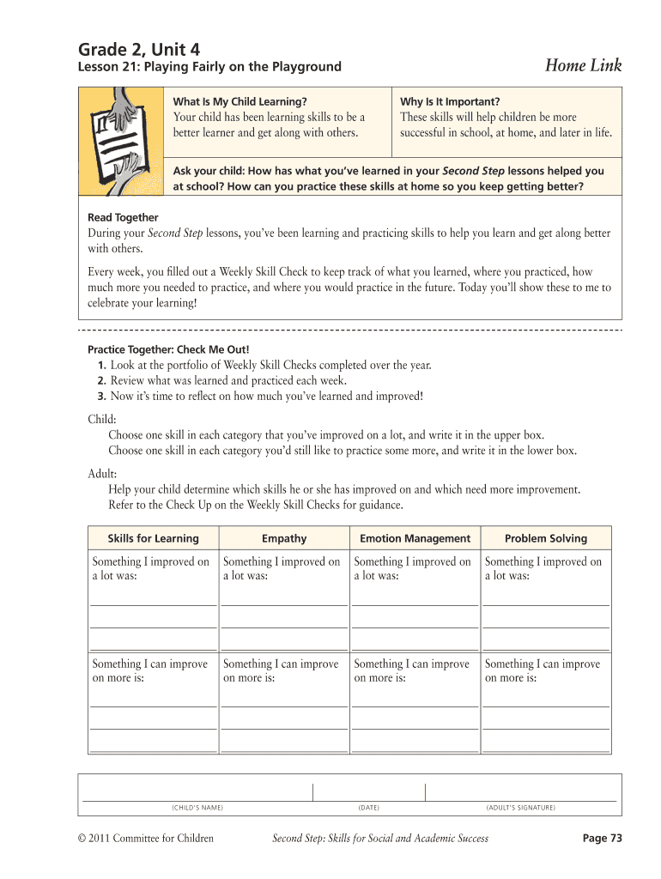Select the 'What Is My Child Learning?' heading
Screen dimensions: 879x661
tap(240, 101)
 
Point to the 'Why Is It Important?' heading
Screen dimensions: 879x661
tap(450, 101)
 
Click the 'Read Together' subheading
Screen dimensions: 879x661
tap(123, 217)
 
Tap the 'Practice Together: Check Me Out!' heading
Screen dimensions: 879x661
tap(168, 349)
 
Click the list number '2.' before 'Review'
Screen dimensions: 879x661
tap(101, 380)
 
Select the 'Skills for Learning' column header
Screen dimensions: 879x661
tap(153, 538)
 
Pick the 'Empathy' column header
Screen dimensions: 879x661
tap(283, 538)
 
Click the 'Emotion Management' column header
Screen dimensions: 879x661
tap(415, 538)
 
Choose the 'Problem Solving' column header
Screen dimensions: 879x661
tap(546, 538)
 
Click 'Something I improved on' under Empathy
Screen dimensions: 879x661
tap(282, 562)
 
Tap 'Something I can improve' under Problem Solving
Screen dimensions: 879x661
tap(543, 664)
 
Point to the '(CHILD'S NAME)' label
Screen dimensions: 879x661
tap(197, 808)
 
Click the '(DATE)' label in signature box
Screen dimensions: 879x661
tap(368, 808)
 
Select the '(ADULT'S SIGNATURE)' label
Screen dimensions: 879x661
tap(520, 808)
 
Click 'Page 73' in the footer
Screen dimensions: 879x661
tap(602, 838)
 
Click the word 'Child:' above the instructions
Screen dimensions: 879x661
tap(102, 419)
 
